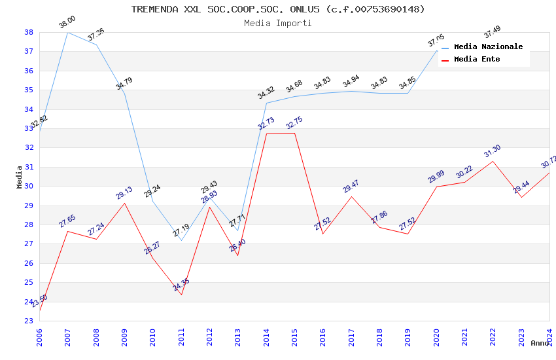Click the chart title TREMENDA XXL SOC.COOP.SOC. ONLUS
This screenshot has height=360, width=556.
point(278,9)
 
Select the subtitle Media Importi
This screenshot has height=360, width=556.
point(278,23)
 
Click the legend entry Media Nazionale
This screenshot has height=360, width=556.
point(488,46)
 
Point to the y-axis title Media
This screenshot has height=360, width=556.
point(19,177)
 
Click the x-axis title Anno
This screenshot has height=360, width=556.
point(540,343)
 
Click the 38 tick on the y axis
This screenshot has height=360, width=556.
point(29,32)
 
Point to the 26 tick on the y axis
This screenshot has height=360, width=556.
point(29,263)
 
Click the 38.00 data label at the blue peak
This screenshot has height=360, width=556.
point(67,23)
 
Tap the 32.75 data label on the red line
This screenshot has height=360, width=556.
point(294,124)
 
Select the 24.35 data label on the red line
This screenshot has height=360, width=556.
point(181,285)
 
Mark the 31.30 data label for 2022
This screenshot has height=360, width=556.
point(493,152)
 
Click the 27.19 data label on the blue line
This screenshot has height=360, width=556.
point(181,230)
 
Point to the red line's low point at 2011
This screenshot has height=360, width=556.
point(181,295)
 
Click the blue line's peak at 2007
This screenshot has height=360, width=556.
point(67,32)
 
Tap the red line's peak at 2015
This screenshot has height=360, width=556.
point(294,133)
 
